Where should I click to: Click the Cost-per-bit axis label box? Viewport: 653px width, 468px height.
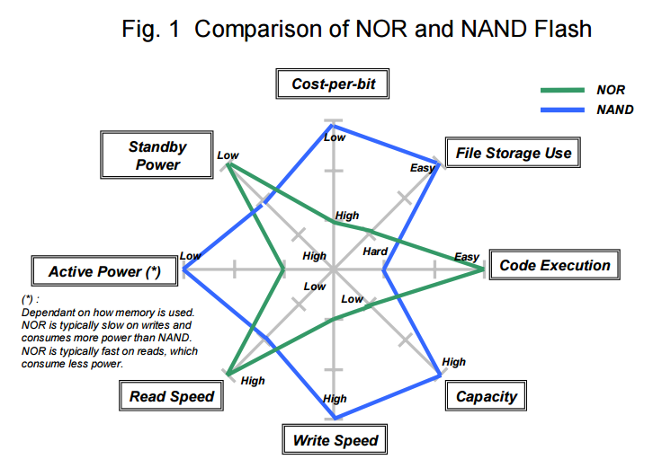332,84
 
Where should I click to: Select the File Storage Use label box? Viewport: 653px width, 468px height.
513,153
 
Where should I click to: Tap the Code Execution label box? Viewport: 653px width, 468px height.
554,265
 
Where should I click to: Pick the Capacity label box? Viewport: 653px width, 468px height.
486,395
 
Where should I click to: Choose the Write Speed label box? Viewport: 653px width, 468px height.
335,440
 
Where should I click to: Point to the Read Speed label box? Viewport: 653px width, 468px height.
171,395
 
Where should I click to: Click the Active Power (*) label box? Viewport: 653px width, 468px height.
104,270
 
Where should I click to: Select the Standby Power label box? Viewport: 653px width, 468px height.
157,155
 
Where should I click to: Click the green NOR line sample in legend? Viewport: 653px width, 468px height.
562,90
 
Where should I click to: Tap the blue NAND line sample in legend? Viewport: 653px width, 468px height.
562,110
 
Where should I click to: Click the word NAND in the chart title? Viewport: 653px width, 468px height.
495,29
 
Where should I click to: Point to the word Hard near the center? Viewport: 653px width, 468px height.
375,252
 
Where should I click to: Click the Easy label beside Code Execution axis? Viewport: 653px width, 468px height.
467,257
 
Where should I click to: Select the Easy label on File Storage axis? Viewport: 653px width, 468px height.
422,168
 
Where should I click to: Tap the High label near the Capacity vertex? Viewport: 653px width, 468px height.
453,362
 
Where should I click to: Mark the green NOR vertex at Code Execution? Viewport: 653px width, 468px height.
484,269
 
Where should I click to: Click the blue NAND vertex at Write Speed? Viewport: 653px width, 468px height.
335,418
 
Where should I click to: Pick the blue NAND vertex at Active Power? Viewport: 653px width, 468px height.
184,270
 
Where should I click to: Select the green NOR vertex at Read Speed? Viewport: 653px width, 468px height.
228,375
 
